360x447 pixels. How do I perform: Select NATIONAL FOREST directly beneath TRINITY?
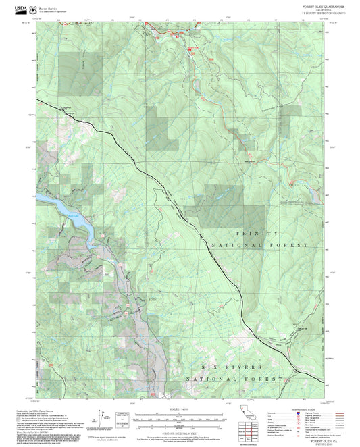pyautogui.click(x=260, y=244)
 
